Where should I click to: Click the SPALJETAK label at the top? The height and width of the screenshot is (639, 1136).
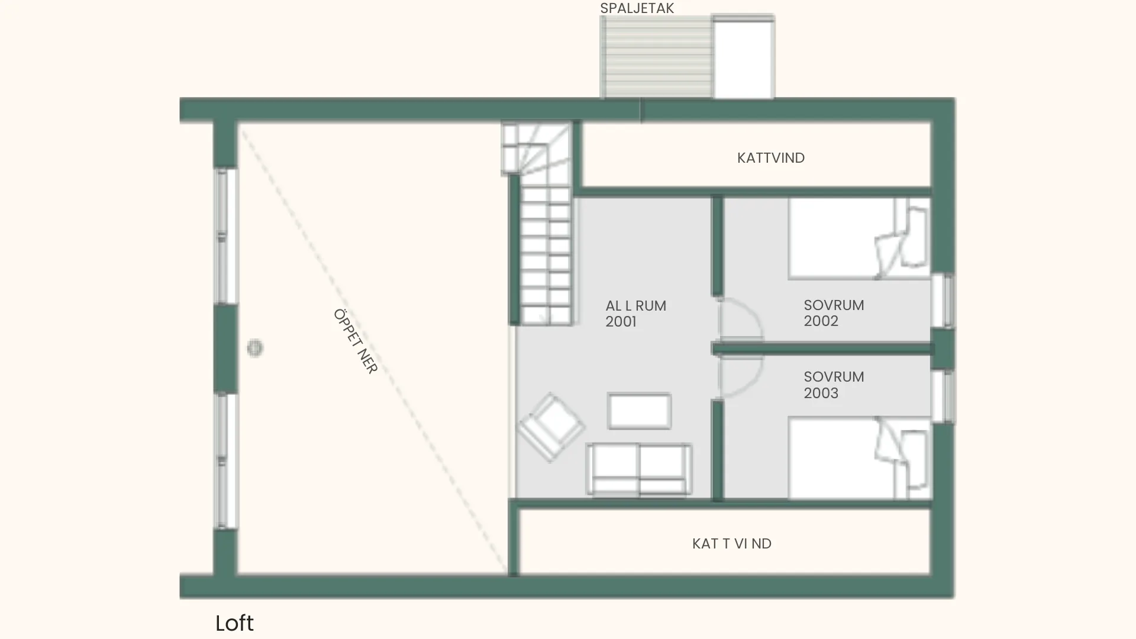click(637, 8)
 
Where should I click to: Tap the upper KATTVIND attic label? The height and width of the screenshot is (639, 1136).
click(770, 158)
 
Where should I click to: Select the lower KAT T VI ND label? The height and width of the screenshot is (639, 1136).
click(732, 544)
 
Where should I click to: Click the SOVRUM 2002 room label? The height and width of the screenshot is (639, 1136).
click(834, 313)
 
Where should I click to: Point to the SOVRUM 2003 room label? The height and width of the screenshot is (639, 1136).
click(834, 385)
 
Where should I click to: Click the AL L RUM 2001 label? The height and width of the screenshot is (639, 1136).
click(635, 314)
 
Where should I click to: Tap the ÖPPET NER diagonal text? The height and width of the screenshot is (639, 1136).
click(355, 341)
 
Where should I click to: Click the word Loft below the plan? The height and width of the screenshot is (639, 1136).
click(234, 623)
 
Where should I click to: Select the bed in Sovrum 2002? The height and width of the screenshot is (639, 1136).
click(859, 238)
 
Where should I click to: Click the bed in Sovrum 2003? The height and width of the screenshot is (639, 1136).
click(859, 458)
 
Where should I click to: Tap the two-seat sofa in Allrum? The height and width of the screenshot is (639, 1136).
click(639, 469)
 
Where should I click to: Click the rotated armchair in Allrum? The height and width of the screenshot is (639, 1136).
click(551, 427)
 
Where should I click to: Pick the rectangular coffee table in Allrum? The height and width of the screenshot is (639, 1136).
click(639, 411)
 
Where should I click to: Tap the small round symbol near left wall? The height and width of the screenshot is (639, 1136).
click(255, 348)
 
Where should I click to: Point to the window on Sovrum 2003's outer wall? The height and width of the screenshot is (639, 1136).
click(943, 396)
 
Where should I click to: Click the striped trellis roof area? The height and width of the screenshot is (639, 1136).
click(656, 57)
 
